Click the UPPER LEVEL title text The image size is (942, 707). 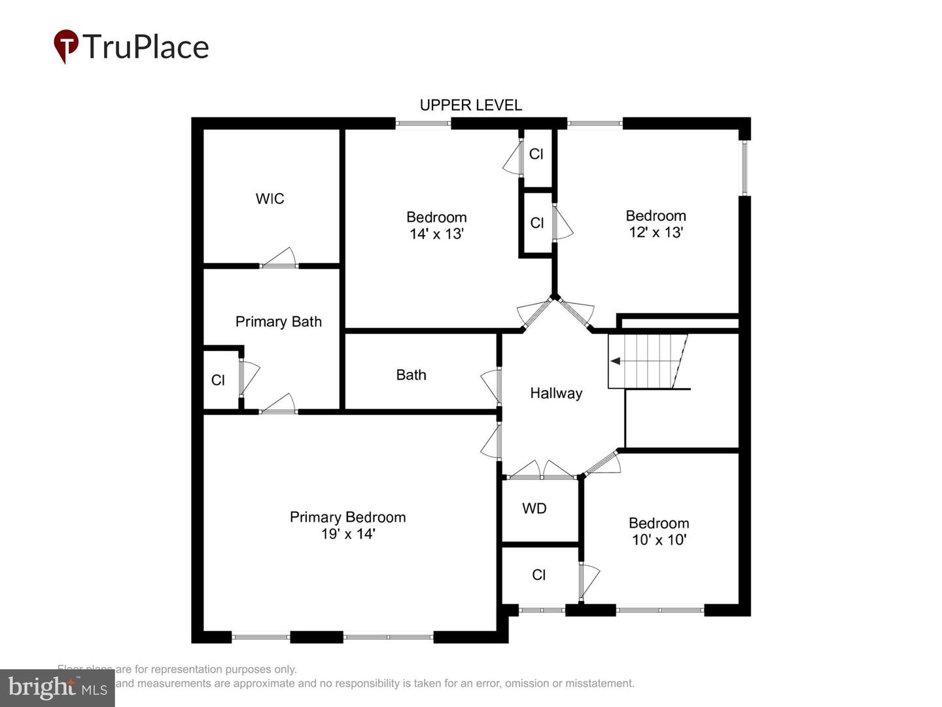click(x=470, y=105)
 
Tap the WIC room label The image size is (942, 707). click(x=270, y=198)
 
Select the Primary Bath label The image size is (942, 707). click(x=278, y=321)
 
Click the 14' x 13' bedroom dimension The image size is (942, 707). click(x=436, y=234)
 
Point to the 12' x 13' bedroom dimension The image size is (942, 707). click(x=655, y=232)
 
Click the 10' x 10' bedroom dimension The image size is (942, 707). click(x=658, y=539)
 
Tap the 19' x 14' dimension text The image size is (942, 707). click(x=347, y=534)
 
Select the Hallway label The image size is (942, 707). click(x=555, y=393)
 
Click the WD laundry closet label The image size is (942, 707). click(x=534, y=508)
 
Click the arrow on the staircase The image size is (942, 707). click(x=616, y=361)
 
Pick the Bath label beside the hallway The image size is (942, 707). click(x=411, y=374)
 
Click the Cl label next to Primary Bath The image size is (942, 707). click(x=218, y=380)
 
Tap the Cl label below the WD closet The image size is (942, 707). click(x=538, y=574)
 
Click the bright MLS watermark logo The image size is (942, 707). click(x=58, y=687)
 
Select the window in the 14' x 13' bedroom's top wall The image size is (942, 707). click(x=423, y=123)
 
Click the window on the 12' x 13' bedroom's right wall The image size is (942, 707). click(x=744, y=168)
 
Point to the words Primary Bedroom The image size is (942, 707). click(x=347, y=517)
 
